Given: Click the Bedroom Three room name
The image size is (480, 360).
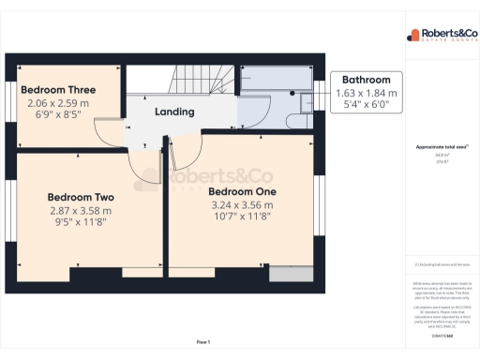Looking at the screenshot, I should click(x=58, y=90).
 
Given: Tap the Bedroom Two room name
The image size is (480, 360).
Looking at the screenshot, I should click(x=81, y=198).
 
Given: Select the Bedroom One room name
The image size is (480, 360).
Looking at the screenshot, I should click(x=241, y=190).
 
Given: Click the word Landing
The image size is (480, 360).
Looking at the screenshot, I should click(x=174, y=112).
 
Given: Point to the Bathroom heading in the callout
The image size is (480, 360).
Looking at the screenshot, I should click(x=366, y=80).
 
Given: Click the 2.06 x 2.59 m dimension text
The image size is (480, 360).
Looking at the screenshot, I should click(x=58, y=102).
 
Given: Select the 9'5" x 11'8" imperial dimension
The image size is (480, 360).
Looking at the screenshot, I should click(x=81, y=223).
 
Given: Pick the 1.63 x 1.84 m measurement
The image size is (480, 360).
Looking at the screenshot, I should click(x=366, y=93).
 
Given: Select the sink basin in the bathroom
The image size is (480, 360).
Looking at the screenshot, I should click(x=306, y=114).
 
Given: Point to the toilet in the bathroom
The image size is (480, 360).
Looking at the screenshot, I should click(x=306, y=94).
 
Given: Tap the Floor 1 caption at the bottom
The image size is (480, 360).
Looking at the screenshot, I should click(x=202, y=341).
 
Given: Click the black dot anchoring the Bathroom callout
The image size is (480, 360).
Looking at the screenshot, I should click(x=292, y=94).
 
